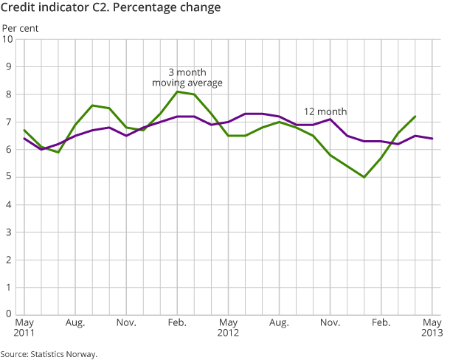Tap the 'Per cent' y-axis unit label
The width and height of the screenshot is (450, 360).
coord(20,29)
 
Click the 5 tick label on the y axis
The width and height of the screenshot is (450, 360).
coord(10,177)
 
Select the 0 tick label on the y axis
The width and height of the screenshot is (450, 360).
coord(10,314)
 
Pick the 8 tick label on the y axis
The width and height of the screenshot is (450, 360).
coord(10,94)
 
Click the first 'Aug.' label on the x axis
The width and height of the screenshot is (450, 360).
coord(75,323)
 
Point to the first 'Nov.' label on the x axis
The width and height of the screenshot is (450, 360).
coord(127,323)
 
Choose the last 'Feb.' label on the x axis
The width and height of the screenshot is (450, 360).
coord(381,323)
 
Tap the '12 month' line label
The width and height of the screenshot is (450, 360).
coord(325,111)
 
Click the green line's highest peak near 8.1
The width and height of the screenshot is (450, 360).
coord(178,91)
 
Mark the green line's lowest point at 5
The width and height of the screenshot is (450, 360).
coord(364,177)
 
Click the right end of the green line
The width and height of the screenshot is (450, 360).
coord(415,117)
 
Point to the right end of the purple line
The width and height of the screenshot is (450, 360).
coord(432,139)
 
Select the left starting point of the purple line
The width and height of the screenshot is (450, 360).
coord(24,139)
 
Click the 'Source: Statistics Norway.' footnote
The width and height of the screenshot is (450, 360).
coord(49,354)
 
